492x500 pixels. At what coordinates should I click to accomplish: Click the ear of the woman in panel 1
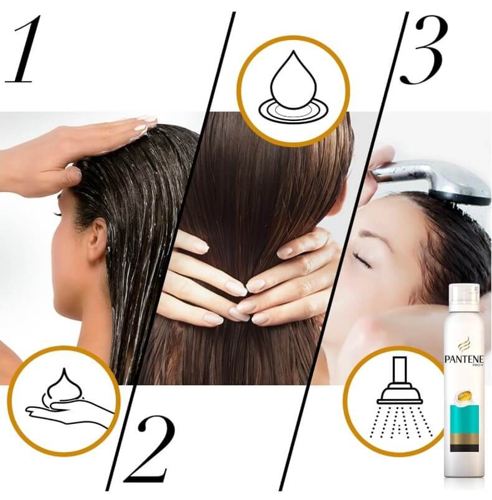[97, 240]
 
